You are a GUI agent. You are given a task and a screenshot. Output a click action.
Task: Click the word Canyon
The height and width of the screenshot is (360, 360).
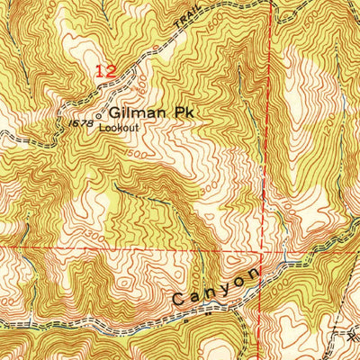216,285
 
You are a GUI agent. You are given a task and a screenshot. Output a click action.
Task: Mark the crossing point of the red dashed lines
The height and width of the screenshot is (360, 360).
260,245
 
